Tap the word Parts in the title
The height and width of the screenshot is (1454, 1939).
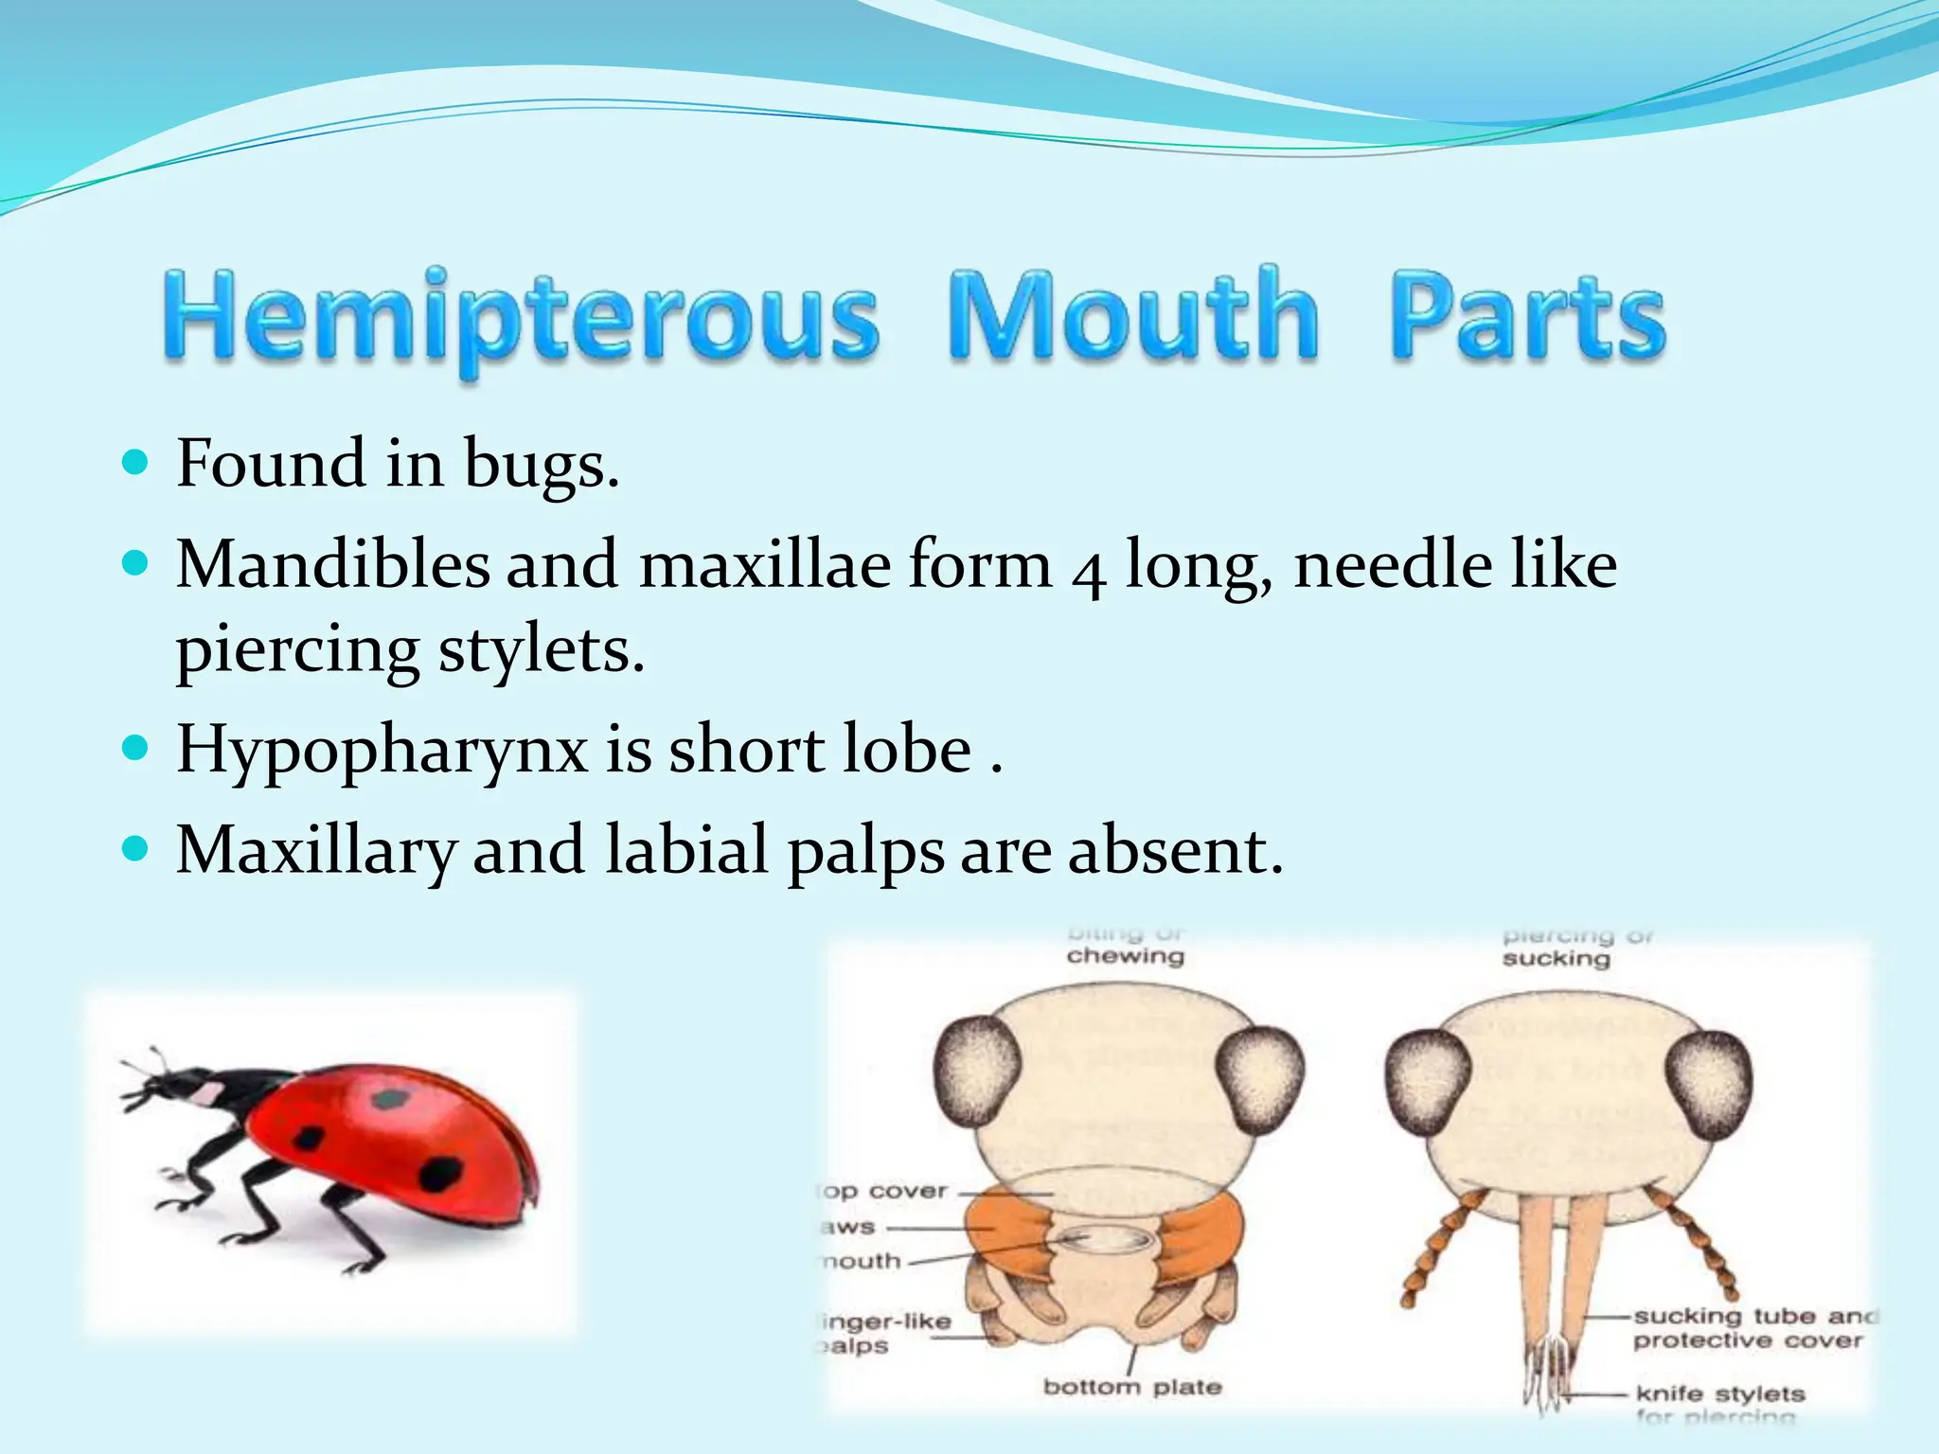click(1526, 317)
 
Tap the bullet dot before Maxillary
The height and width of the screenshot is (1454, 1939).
click(136, 846)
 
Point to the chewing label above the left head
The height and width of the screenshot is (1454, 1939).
click(1125, 956)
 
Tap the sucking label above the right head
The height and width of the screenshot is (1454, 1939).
click(1556, 959)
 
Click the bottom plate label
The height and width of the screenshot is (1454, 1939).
click(1132, 1387)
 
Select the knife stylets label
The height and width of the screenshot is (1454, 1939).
click(1719, 1393)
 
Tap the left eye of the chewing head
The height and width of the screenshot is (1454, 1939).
click(976, 1074)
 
